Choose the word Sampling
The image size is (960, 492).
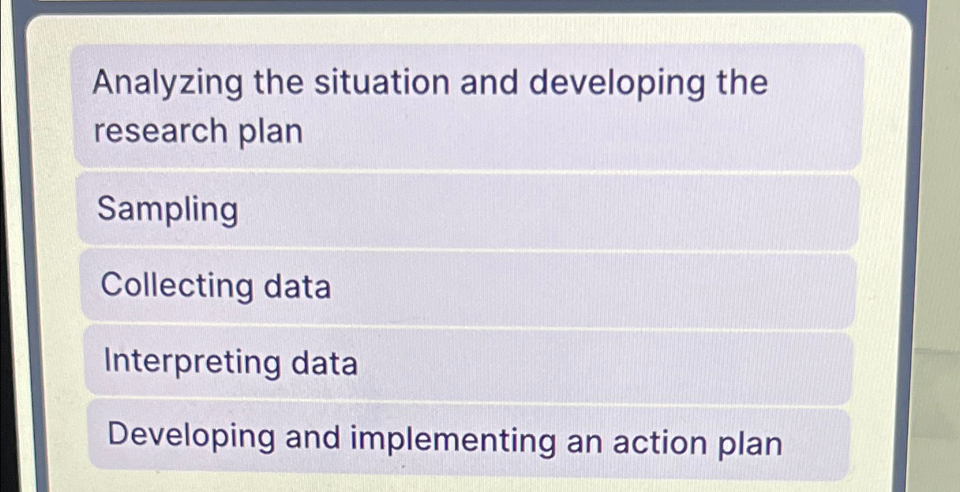tap(168, 211)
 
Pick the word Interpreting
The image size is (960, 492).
tap(192, 363)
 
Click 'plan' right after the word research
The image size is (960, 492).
tap(275, 132)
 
